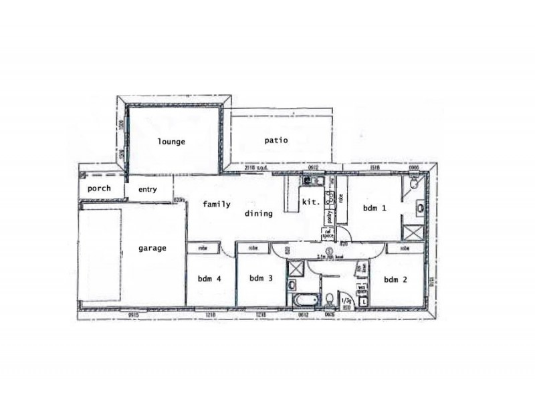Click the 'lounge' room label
click(x=171, y=142)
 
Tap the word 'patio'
click(x=276, y=140)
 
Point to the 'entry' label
click(x=147, y=190)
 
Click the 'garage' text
click(x=152, y=248)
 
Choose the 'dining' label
click(x=258, y=214)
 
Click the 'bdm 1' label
click(x=374, y=209)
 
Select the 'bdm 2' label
click(x=395, y=279)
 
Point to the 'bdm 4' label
click(x=209, y=279)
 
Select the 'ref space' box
click(x=328, y=233)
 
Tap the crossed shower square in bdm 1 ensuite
click(x=412, y=233)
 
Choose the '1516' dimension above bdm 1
click(x=374, y=167)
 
